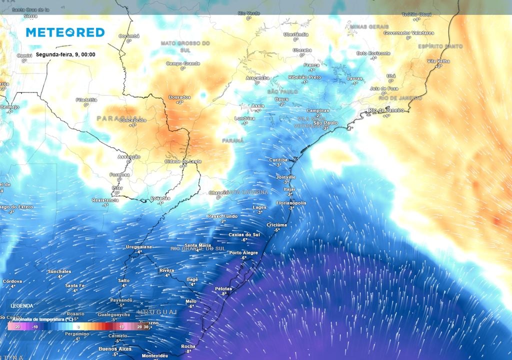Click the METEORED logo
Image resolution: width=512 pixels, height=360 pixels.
(x=65, y=32)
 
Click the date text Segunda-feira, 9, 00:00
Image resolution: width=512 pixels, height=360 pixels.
(x=65, y=54)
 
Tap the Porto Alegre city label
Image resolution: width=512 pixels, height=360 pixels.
(x=243, y=252)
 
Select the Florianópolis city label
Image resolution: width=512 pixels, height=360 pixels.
(x=291, y=202)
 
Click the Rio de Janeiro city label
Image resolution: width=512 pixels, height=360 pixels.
(x=385, y=110)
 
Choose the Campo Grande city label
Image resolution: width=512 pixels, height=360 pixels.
(x=183, y=63)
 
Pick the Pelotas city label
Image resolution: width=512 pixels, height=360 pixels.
(x=224, y=288)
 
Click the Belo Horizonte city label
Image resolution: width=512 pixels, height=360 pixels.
(x=373, y=53)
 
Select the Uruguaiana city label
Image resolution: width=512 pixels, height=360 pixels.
(x=138, y=246)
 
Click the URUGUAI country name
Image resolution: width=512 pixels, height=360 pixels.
(x=157, y=312)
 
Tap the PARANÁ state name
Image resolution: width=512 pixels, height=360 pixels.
(x=233, y=141)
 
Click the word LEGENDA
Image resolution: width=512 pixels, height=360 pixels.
(x=22, y=305)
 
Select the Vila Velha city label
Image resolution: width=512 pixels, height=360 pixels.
(x=438, y=61)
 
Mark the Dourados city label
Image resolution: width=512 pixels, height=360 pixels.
(x=180, y=97)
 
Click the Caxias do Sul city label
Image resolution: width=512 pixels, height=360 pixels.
(x=244, y=234)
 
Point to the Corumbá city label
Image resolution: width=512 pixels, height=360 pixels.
(x=129, y=36)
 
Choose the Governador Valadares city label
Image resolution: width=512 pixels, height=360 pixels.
(x=408, y=32)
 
